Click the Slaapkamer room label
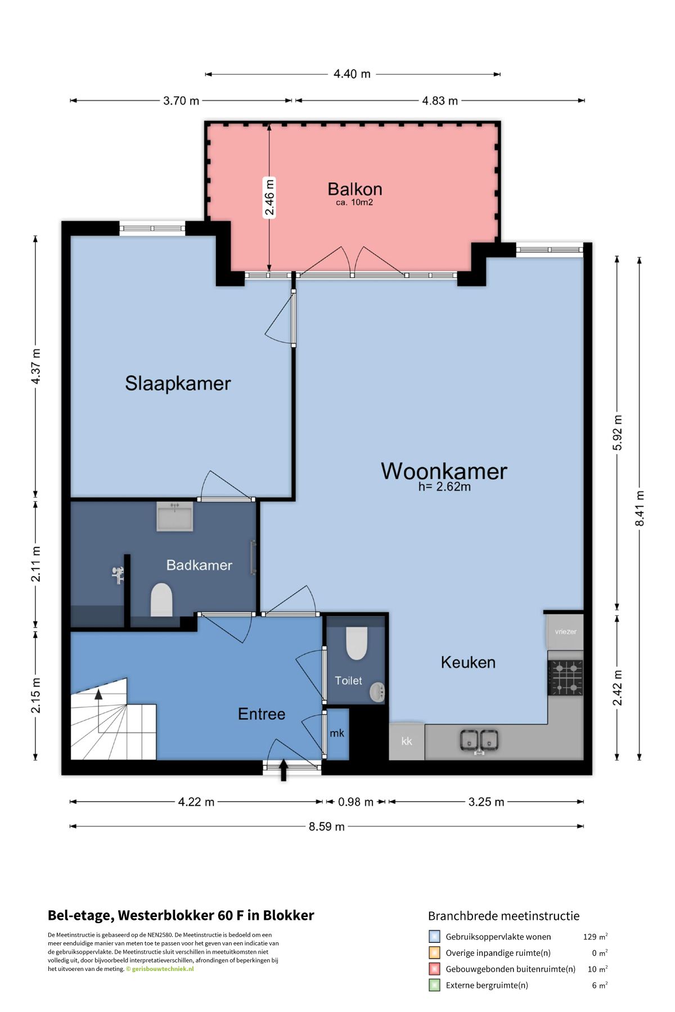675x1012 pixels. click(x=178, y=383)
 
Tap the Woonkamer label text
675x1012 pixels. click(x=444, y=471)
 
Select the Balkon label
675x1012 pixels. click(x=355, y=189)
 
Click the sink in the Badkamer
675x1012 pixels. click(x=175, y=516)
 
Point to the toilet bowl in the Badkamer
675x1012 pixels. click(x=161, y=600)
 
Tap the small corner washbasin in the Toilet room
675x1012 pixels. click(x=377, y=692)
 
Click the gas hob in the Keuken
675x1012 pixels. click(x=566, y=678)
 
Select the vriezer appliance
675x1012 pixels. click(x=565, y=632)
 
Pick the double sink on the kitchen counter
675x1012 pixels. click(x=479, y=740)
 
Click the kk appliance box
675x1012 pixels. click(x=407, y=741)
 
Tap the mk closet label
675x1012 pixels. click(x=337, y=733)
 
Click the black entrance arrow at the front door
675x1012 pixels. click(x=283, y=770)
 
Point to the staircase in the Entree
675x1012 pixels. click(x=112, y=719)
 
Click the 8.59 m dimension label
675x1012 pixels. click(x=327, y=826)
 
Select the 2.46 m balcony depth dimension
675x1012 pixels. click(x=269, y=197)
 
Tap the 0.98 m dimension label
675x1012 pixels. click(x=355, y=802)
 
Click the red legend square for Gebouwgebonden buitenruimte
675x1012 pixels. click(x=434, y=969)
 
